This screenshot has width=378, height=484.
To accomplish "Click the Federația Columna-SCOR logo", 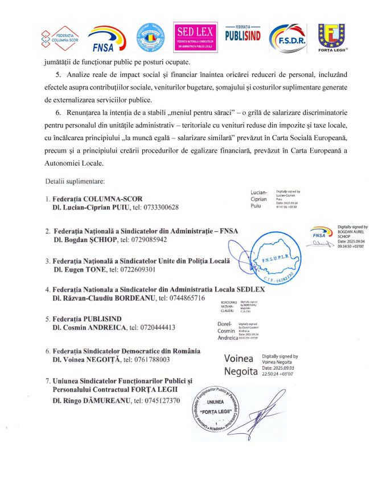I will click(x=59, y=36).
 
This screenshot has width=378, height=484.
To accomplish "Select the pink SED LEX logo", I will click(x=195, y=36).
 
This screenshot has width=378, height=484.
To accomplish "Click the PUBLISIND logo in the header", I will click(x=243, y=35).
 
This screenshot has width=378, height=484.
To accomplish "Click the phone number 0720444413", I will click(x=152, y=327).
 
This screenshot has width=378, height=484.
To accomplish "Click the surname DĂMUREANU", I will click(x=98, y=400).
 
